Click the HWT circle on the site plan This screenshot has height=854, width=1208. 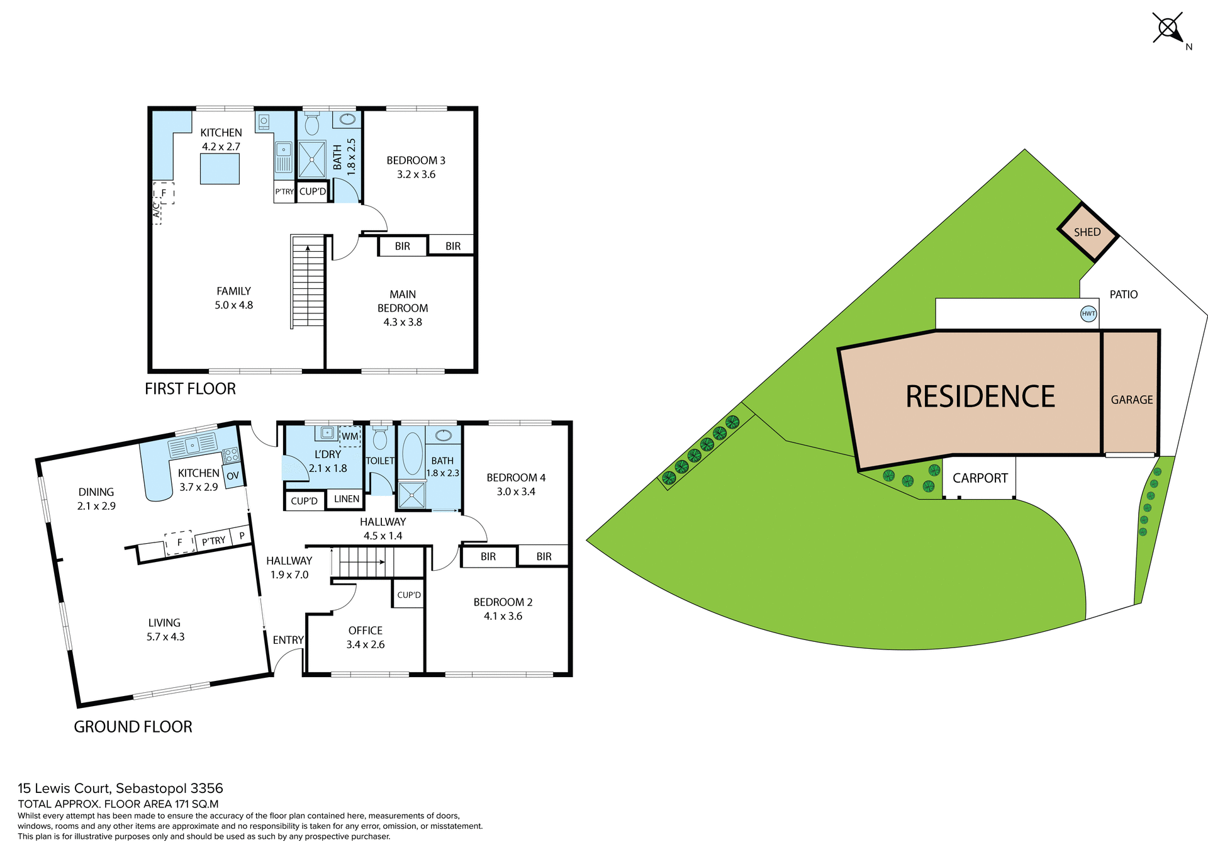[x=1088, y=313]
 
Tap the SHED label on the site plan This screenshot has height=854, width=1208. [x=1087, y=232]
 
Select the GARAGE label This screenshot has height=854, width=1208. [x=1131, y=400]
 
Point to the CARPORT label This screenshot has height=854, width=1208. [x=980, y=478]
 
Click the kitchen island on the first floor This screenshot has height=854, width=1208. [x=220, y=169]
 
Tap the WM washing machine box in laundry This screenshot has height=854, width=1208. [x=350, y=436]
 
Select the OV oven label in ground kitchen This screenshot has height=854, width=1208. [x=233, y=476]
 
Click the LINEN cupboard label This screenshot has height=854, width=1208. [x=347, y=499]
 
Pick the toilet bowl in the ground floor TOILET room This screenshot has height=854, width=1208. [x=380, y=439]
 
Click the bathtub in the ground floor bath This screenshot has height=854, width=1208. [x=412, y=453]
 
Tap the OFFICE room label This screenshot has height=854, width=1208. [x=365, y=631]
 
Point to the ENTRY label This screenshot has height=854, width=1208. [x=288, y=640]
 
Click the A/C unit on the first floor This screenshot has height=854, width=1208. [x=157, y=210]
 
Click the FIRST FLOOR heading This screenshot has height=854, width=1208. [x=190, y=389]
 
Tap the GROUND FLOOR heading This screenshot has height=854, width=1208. [x=133, y=727]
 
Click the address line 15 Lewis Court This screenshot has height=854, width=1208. [x=120, y=789]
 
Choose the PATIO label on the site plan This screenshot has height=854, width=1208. [x=1123, y=295]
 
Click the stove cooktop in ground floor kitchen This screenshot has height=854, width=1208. [x=230, y=454]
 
